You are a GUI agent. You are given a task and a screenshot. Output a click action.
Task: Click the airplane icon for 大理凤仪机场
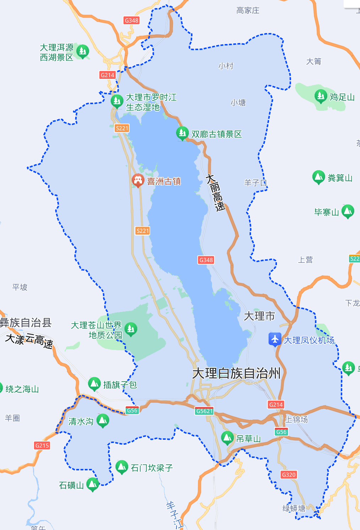tap(275, 340)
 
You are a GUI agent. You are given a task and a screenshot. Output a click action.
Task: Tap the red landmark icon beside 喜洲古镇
tap(138, 180)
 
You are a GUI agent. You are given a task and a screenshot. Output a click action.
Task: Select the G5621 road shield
tap(204, 411)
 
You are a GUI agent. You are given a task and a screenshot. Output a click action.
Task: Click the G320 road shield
tap(288, 475)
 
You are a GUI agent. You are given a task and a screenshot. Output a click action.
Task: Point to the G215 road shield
tap(42, 445)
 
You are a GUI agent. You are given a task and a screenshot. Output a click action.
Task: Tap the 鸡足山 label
tap(342, 97)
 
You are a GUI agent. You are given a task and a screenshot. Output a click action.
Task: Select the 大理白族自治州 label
tap(236, 373)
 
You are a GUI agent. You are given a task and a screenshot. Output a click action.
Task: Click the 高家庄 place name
tap(248, 11)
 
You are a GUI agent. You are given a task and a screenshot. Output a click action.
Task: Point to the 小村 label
tap(226, 66)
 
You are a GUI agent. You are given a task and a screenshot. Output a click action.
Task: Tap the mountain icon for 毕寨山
tap(348, 211)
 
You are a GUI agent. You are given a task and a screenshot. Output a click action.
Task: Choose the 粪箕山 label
tap(340, 178)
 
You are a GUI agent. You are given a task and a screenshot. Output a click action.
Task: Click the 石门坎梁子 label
tap(152, 468)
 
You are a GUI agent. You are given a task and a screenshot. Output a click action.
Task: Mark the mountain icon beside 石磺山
tap(93, 484)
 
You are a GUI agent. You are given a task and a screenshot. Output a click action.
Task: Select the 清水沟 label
tap(81, 421)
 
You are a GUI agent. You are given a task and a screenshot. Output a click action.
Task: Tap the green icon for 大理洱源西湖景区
tap(83, 52)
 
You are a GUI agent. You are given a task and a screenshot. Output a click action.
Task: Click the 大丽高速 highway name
tap(216, 193)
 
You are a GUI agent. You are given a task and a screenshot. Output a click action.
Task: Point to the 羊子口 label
tap(255, 183)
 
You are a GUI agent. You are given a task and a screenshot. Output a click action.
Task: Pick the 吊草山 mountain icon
tap(227, 438)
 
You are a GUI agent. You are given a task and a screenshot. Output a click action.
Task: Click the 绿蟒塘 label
tap(294, 508)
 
